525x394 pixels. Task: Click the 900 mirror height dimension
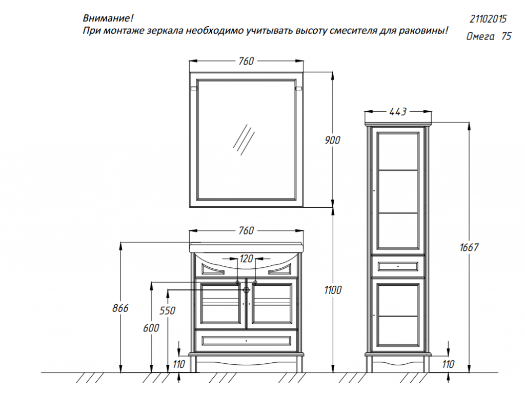[x=332, y=140]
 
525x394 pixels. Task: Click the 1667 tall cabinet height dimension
[x=469, y=247]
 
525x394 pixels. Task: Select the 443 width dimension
[x=398, y=111]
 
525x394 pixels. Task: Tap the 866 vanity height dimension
[x=120, y=308]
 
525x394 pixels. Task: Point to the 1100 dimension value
[x=333, y=290]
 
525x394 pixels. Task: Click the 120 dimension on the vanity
[x=247, y=259]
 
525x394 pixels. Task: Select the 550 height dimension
[x=167, y=310]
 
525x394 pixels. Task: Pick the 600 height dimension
[x=151, y=328]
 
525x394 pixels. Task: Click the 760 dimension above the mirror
[x=246, y=61]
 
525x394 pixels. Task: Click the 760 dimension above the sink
[x=246, y=230]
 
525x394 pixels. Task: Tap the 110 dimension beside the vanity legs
[x=179, y=364]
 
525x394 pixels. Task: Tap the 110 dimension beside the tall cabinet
[x=448, y=364]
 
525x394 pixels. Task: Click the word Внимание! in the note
[x=108, y=18]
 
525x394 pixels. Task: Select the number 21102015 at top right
[x=488, y=19]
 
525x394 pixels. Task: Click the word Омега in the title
[x=480, y=36]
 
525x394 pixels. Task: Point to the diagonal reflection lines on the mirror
[x=244, y=140]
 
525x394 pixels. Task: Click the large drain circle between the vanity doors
[x=247, y=290]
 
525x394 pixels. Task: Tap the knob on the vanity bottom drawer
[x=247, y=341]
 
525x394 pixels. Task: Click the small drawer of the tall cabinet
[x=398, y=266]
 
